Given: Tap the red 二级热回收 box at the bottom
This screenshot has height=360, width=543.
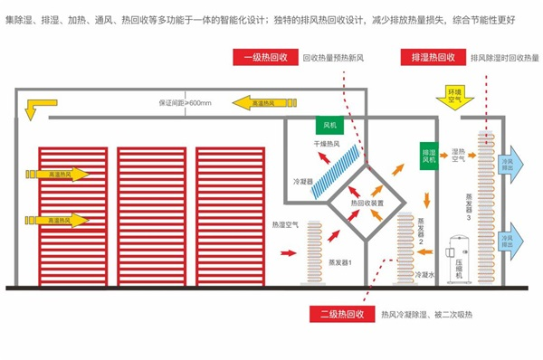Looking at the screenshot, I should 341,315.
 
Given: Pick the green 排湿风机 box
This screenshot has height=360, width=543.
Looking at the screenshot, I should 429,154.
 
